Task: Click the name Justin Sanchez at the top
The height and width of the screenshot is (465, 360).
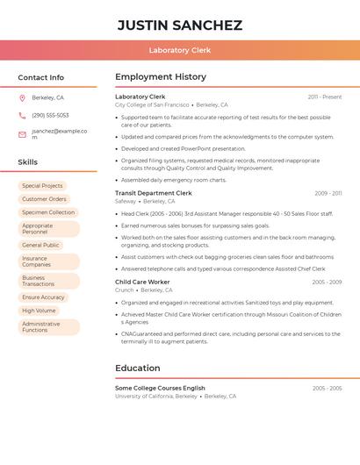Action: (180, 25)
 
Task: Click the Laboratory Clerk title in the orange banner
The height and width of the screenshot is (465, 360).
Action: (180, 50)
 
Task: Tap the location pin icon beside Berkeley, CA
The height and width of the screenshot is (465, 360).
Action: (22, 97)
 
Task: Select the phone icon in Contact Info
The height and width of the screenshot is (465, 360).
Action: (22, 115)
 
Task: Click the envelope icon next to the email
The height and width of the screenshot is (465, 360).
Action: (22, 134)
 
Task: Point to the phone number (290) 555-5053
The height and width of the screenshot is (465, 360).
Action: (50, 115)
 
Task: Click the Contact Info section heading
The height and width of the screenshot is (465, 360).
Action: (40, 77)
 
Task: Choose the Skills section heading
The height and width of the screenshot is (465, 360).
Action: (27, 162)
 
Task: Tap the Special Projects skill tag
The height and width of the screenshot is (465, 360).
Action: (42, 186)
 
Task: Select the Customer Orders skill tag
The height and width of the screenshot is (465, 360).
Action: (44, 199)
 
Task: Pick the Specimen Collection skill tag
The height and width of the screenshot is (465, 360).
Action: (48, 212)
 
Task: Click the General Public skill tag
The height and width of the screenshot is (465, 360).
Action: (40, 245)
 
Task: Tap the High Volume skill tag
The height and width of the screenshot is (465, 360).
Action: (39, 311)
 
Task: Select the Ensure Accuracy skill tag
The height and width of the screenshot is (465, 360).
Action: (43, 297)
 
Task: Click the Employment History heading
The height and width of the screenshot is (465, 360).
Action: (161, 77)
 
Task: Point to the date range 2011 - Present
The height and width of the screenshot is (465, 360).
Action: (325, 97)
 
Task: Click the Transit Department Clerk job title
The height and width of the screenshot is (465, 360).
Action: (154, 193)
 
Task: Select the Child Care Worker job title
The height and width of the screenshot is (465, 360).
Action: (143, 282)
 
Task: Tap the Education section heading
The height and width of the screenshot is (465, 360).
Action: (138, 368)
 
